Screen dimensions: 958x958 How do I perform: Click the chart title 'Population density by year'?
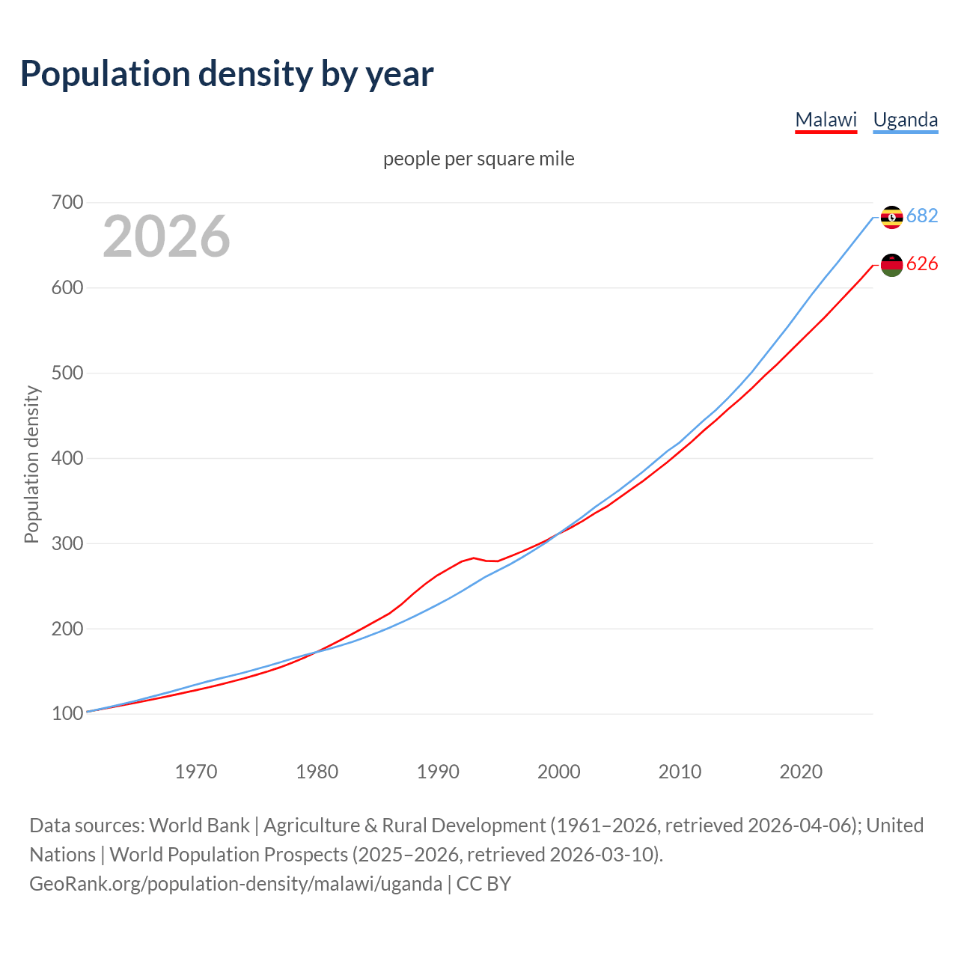click(227, 74)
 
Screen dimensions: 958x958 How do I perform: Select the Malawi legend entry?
click(826, 120)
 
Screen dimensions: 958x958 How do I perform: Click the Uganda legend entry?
click(905, 120)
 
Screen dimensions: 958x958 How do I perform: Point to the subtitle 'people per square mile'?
click(478, 159)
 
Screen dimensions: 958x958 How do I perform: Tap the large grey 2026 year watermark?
click(166, 237)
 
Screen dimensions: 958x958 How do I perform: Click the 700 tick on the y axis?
click(67, 203)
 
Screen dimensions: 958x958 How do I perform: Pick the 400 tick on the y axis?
click(67, 458)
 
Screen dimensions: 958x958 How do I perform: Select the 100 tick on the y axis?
click(67, 714)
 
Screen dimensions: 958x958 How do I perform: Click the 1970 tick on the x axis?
click(196, 771)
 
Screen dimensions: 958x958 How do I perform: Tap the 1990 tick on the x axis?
click(438, 771)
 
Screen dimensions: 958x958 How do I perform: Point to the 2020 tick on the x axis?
click(801, 771)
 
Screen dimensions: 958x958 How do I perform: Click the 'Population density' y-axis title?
click(31, 464)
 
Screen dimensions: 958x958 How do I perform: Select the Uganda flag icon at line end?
click(891, 217)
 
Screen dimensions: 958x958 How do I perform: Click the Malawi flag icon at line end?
click(891, 265)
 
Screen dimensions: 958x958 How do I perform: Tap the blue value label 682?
click(922, 216)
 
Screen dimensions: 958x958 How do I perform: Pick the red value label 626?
click(922, 263)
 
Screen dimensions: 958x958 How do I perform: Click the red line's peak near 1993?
click(474, 558)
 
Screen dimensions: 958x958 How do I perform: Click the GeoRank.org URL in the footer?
click(235, 884)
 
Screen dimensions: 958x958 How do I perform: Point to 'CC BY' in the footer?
click(483, 884)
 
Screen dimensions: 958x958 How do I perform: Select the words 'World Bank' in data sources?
click(199, 826)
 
